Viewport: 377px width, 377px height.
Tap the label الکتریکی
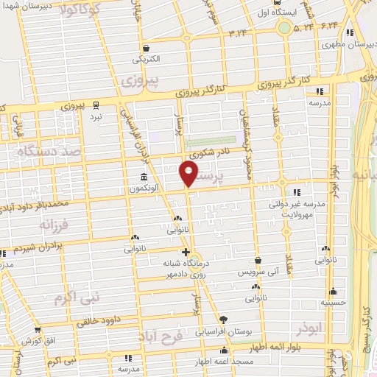(145, 59)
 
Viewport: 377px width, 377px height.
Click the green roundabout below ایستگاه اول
(284, 28)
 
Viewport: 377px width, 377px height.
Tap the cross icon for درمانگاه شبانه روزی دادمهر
(186, 253)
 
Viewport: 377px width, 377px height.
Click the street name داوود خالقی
(97, 320)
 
